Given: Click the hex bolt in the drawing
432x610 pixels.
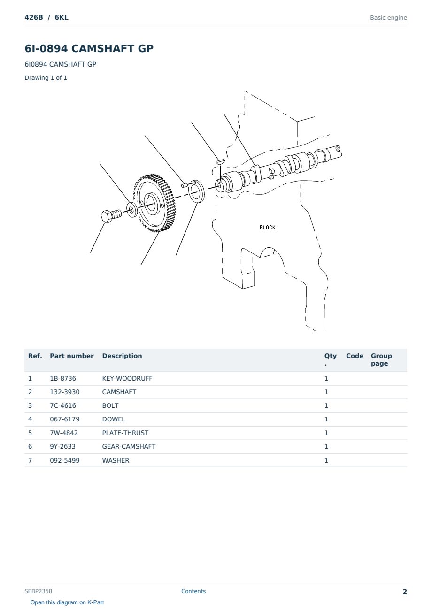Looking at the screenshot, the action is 111,216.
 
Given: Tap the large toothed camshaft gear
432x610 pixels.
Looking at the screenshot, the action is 154,203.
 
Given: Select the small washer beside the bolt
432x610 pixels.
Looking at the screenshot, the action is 132,210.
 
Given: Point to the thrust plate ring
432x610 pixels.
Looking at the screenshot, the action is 196,191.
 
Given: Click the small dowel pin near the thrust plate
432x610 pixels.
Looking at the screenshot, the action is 185,185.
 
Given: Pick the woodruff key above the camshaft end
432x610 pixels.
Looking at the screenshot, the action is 220,161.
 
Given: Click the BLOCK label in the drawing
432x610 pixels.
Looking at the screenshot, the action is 267,228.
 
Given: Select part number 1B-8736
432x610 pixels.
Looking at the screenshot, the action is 63,378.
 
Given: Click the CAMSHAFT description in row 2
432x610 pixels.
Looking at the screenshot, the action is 119,392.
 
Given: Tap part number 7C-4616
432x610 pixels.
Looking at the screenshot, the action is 63,405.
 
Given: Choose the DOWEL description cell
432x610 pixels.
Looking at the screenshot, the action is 114,419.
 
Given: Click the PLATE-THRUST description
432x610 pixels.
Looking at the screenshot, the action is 125,433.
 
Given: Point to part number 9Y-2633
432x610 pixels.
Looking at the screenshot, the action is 63,446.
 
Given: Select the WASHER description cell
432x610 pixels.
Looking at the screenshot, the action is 116,460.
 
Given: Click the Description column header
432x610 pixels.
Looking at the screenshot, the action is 122,356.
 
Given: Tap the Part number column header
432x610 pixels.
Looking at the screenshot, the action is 72,356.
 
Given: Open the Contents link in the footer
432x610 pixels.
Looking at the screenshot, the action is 193,591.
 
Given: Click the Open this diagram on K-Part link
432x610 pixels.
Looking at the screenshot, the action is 67,602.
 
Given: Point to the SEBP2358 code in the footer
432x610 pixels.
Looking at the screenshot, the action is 39,591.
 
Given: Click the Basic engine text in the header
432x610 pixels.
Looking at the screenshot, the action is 388,18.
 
